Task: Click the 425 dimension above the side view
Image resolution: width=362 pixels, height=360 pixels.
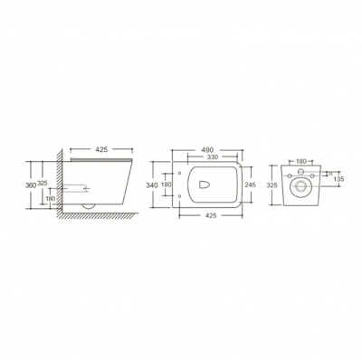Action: (x=101, y=149)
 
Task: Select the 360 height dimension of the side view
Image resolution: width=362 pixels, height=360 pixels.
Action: (x=31, y=185)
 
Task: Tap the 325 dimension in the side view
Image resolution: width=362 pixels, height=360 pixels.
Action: (x=43, y=183)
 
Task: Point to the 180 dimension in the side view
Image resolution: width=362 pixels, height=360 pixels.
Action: (x=51, y=198)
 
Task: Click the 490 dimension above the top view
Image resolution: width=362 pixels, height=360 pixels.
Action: (x=207, y=150)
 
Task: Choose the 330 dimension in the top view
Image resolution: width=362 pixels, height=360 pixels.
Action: (x=212, y=156)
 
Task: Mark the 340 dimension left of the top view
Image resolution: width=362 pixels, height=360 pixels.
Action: (x=152, y=185)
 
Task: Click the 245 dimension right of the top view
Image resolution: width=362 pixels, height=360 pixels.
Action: (x=250, y=185)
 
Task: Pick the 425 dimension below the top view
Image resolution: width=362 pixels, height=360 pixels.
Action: (x=211, y=215)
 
